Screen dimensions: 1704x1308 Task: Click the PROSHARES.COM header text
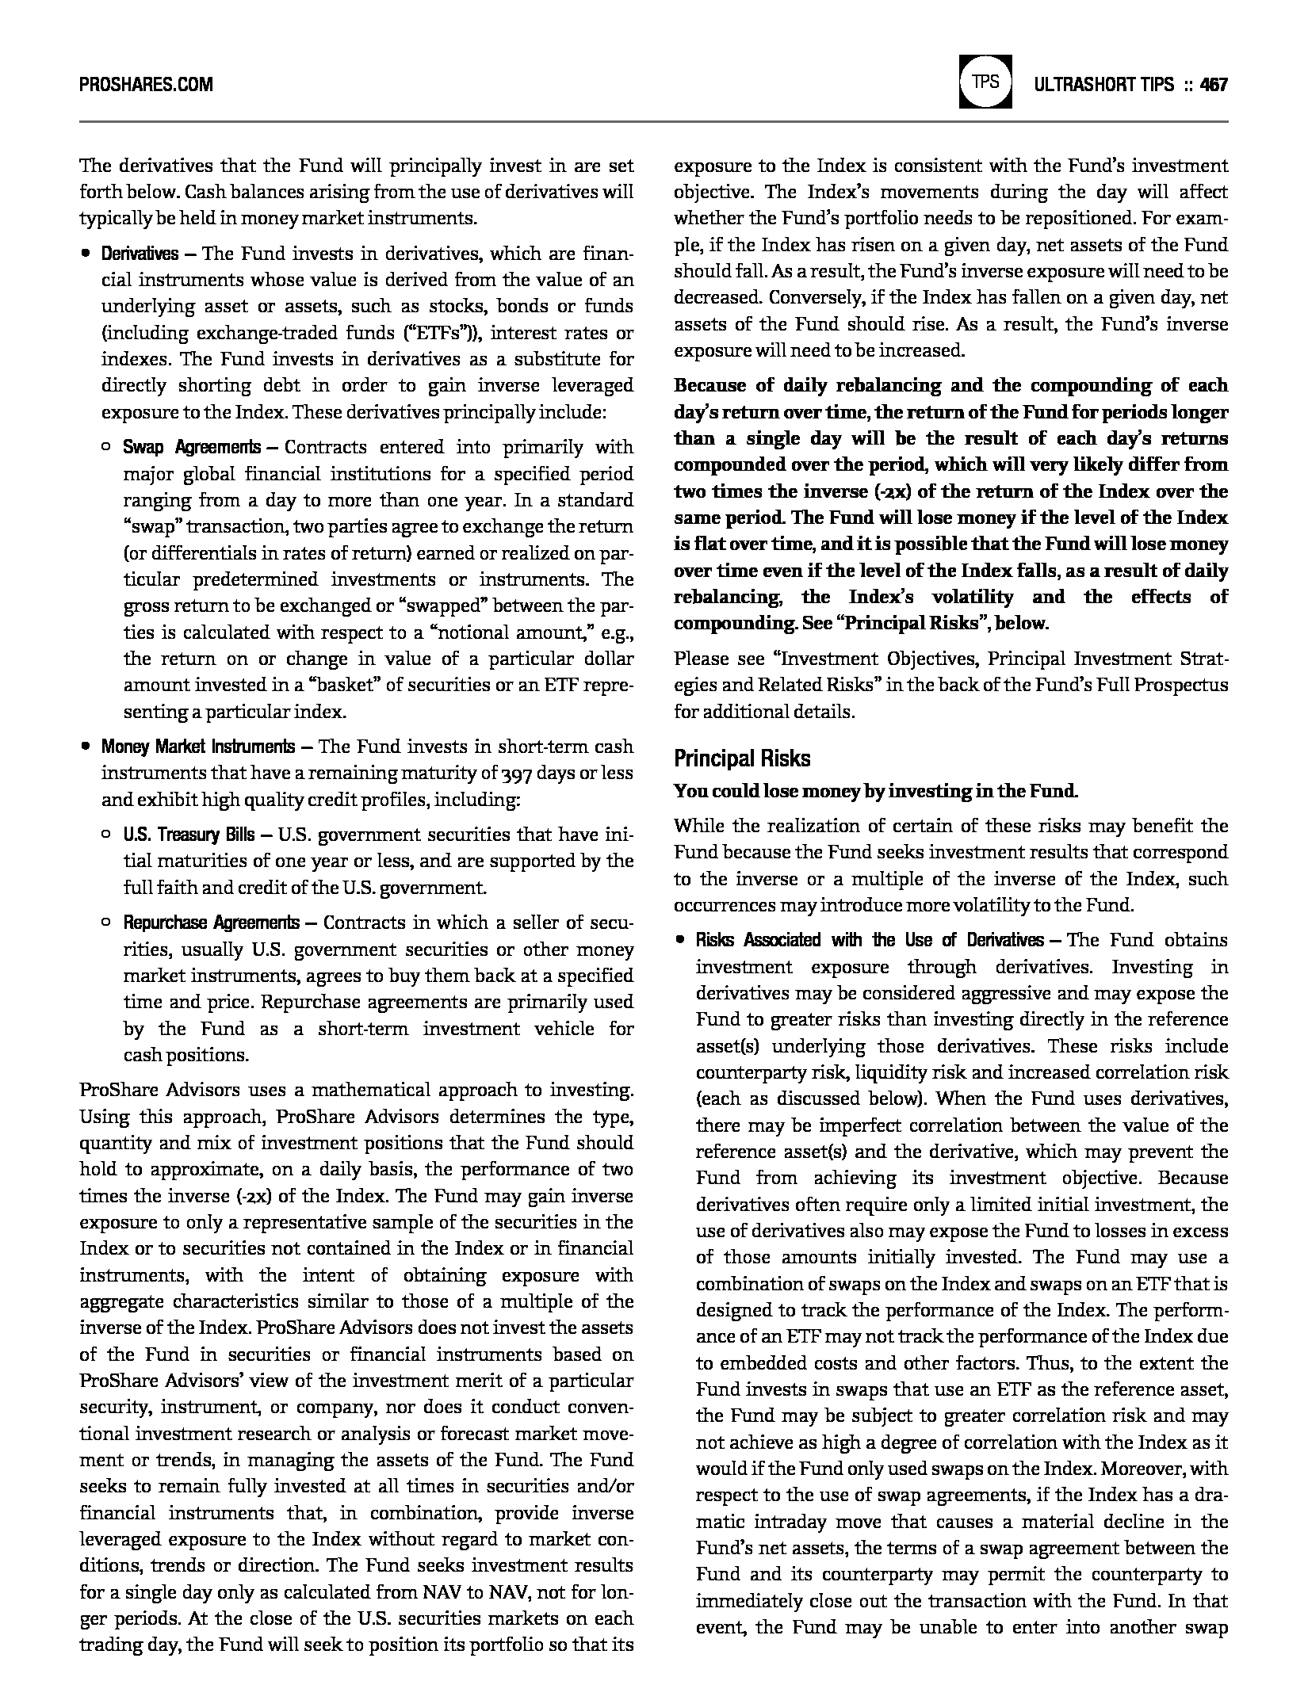tap(146, 84)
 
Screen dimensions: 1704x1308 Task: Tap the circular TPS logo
tap(985, 82)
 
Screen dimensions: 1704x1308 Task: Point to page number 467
tap(1214, 84)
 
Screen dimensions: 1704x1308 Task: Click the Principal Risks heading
tap(742, 758)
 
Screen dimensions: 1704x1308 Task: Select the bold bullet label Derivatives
tap(140, 254)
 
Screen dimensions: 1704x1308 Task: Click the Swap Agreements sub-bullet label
tap(192, 448)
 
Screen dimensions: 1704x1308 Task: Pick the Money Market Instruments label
tap(197, 747)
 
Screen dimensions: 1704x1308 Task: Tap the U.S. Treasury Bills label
tap(189, 835)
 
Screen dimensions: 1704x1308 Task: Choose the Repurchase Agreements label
tap(211, 923)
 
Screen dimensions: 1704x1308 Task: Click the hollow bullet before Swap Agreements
tap(106, 448)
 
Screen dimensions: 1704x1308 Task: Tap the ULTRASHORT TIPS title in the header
tap(1103, 84)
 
